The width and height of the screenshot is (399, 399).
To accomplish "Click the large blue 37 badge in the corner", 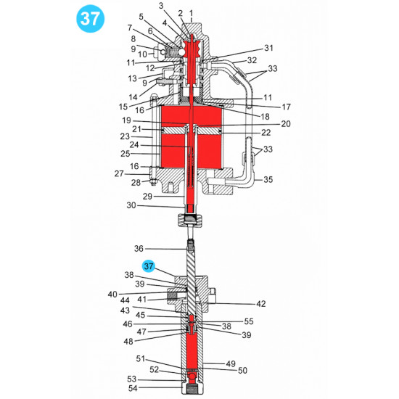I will pyautogui.click(x=91, y=20).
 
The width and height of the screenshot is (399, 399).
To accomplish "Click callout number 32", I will pyautogui.click(x=252, y=60).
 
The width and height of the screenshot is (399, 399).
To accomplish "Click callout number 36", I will pyautogui.click(x=139, y=248).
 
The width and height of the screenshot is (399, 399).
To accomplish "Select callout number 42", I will pyautogui.click(x=260, y=304).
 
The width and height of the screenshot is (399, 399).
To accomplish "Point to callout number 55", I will pyautogui.click(x=249, y=321).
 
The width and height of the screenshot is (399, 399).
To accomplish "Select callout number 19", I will pyautogui.click(x=127, y=120).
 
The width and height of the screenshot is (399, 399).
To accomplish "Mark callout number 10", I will pyautogui.click(x=142, y=54).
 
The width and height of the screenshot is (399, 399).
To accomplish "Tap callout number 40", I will pyautogui.click(x=112, y=294).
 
